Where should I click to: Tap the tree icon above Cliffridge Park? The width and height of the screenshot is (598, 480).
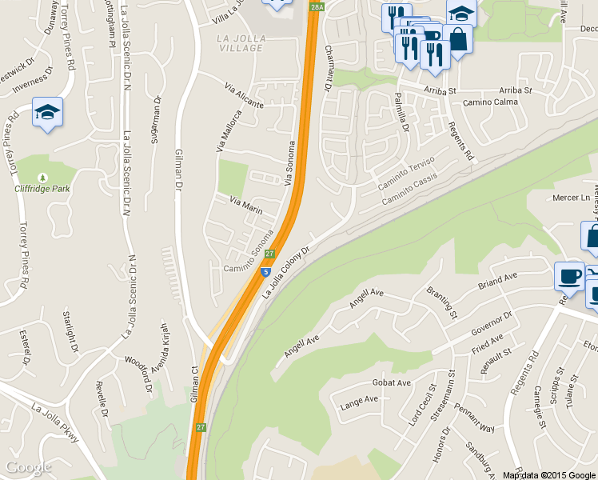pos(43,177)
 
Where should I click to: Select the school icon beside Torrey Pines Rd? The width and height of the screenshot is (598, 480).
pos(47,112)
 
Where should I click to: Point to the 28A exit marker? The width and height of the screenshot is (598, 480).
pos(317,7)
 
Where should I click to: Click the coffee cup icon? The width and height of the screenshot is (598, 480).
pos(569,275)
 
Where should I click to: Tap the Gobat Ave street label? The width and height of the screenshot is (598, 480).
pos(391,382)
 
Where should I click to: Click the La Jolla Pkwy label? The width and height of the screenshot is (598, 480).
pos(55,423)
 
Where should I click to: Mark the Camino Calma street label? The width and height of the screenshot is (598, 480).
pos(490,102)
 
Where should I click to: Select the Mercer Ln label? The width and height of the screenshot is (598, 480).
pos(571,198)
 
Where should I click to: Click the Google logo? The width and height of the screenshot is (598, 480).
pos(28,467)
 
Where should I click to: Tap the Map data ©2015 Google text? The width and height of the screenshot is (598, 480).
pos(548,475)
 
